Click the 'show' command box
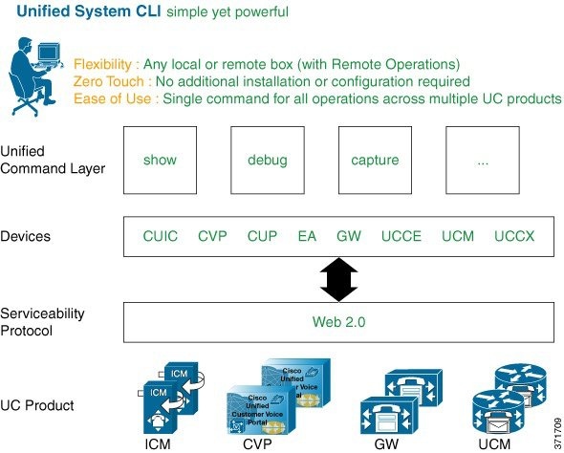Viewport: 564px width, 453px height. tap(160, 161)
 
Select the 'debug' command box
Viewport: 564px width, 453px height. tap(267, 161)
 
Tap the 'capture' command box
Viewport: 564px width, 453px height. tap(375, 161)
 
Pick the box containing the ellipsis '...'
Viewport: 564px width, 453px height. tap(483, 161)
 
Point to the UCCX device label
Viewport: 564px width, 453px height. tap(515, 236)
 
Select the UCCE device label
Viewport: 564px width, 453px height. tap(401, 236)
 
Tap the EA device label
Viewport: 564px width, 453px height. tap(307, 236)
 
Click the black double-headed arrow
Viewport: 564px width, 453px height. tap(338, 280)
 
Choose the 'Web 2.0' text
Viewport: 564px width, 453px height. tap(338, 322)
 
